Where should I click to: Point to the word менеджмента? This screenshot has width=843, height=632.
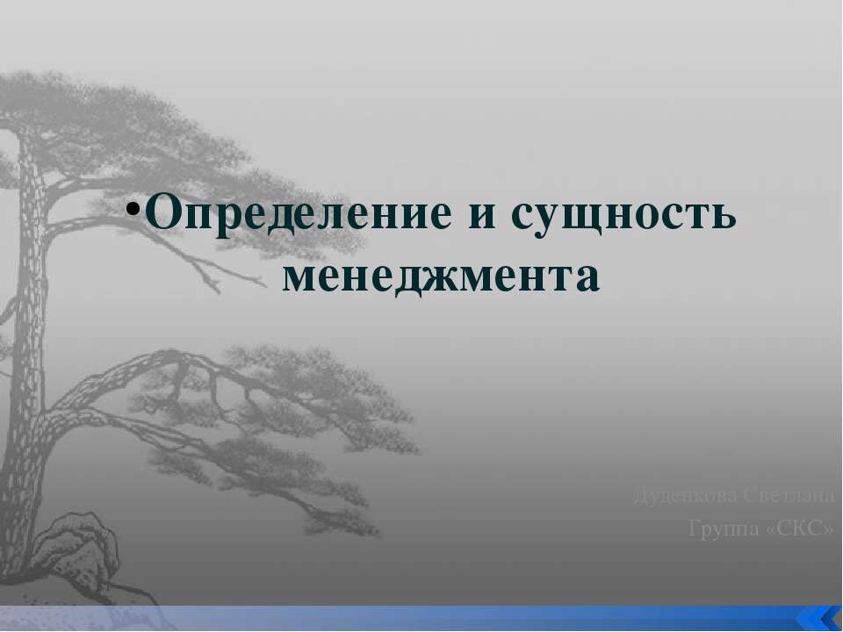(442, 276)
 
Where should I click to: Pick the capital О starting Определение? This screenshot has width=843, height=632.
(164, 213)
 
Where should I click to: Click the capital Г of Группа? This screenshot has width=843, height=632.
(695, 528)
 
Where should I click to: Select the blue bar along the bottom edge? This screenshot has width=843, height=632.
(395, 618)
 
